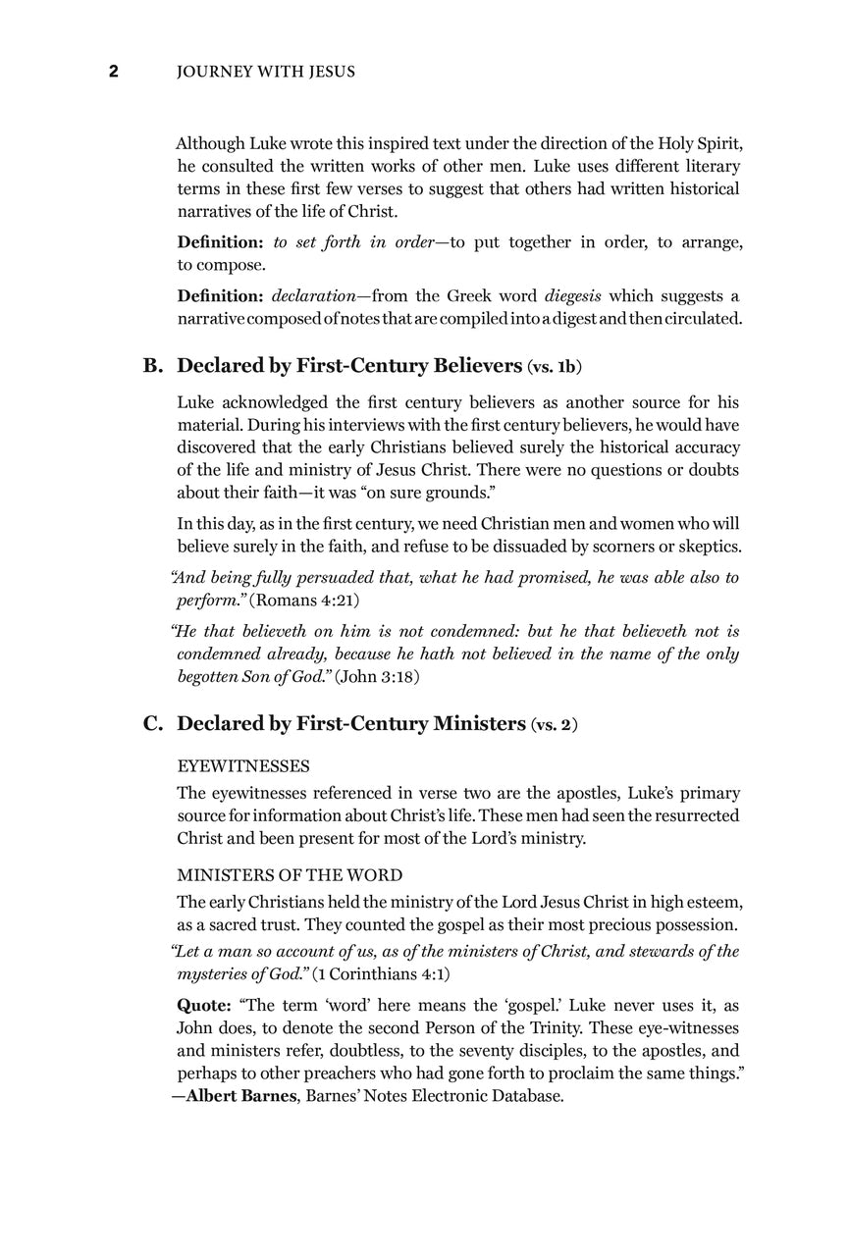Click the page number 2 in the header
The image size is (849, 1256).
coord(114,72)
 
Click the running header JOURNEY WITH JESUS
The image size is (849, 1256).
coord(249,72)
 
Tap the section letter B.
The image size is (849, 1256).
coord(152,366)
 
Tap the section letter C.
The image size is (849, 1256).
coord(152,724)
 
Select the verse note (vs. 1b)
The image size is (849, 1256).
coord(555,368)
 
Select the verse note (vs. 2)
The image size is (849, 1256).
coord(554,726)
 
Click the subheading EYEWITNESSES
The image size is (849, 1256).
coord(243,765)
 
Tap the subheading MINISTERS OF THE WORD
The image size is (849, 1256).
coord(290,875)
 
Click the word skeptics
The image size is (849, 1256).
coord(706,547)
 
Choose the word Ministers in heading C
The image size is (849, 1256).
coord(467,724)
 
